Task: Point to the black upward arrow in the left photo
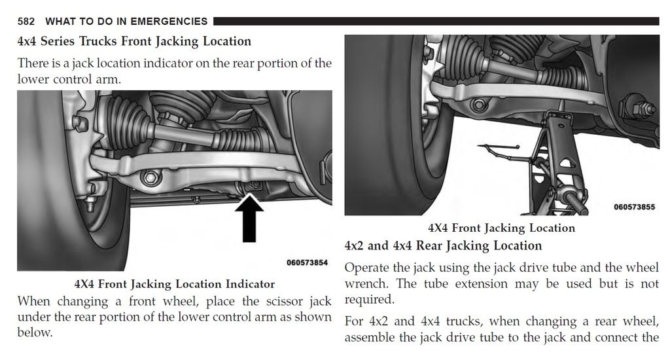click(248, 219)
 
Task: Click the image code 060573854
click(306, 262)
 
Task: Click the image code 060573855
click(634, 207)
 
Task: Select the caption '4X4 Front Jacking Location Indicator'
click(174, 284)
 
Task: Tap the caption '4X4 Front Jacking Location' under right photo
click(501, 228)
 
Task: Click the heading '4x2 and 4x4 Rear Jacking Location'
click(443, 246)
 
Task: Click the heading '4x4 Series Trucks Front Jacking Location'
click(134, 41)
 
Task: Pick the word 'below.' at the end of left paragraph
click(35, 332)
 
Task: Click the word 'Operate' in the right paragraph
click(366, 268)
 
